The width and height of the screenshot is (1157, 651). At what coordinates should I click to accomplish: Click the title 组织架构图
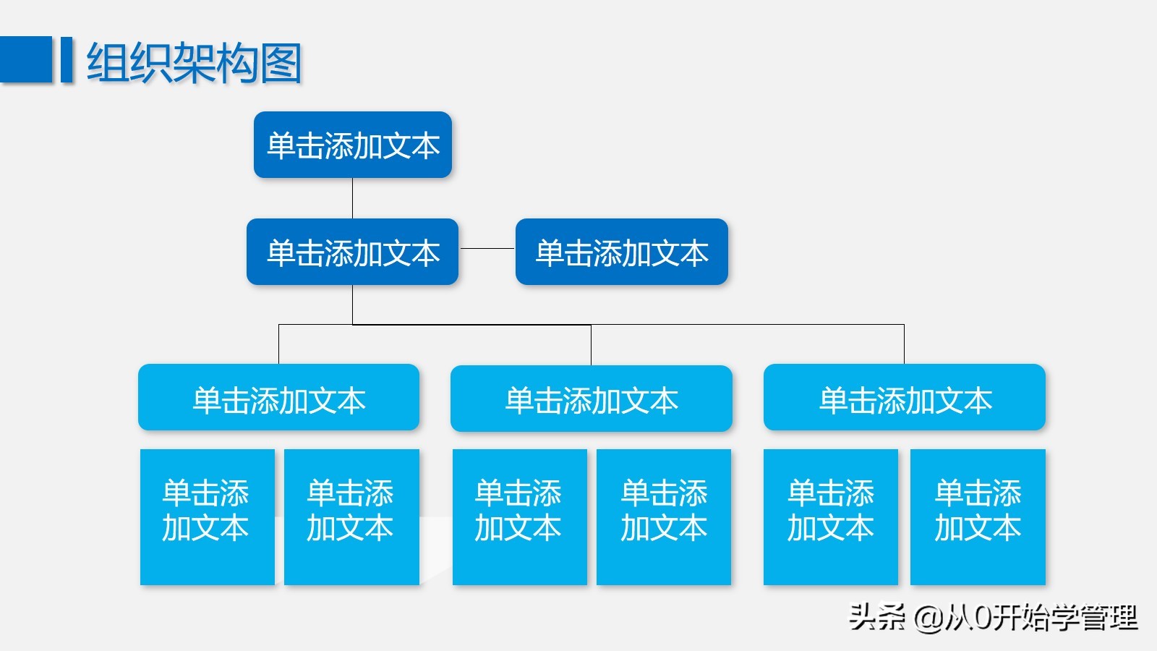pyautogui.click(x=194, y=63)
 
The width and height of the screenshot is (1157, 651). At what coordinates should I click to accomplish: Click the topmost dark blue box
pyautogui.click(x=353, y=145)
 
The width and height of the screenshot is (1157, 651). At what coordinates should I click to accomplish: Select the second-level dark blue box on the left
pyautogui.click(x=353, y=252)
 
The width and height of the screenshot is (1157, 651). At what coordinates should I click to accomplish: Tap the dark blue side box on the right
pyautogui.click(x=622, y=252)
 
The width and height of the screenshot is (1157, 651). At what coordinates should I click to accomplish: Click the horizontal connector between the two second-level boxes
pyautogui.click(x=487, y=248)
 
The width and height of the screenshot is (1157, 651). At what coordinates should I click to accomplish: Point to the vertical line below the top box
pyautogui.click(x=352, y=198)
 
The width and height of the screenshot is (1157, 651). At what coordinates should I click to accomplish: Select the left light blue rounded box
pyautogui.click(x=279, y=398)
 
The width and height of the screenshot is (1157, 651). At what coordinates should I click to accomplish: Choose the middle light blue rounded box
pyautogui.click(x=592, y=399)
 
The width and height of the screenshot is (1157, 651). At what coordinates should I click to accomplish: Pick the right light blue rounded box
pyautogui.click(x=905, y=398)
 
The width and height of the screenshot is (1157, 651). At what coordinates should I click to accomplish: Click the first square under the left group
pyautogui.click(x=207, y=516)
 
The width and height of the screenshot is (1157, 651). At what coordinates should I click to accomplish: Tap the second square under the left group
pyautogui.click(x=351, y=516)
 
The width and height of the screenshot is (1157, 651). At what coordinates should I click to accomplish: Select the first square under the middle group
pyautogui.click(x=519, y=516)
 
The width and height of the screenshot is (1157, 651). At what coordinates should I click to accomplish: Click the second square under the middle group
pyautogui.click(x=664, y=516)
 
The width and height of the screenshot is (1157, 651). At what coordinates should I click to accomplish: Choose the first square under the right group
pyautogui.click(x=831, y=516)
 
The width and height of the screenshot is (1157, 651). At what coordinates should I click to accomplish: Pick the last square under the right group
pyautogui.click(x=978, y=516)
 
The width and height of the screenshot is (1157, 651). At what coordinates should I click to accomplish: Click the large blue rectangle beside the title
pyautogui.click(x=26, y=59)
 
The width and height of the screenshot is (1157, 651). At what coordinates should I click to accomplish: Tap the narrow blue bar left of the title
pyautogui.click(x=67, y=59)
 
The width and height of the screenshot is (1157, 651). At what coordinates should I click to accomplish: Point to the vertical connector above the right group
pyautogui.click(x=904, y=344)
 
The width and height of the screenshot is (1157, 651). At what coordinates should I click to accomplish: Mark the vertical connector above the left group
pyautogui.click(x=279, y=344)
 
